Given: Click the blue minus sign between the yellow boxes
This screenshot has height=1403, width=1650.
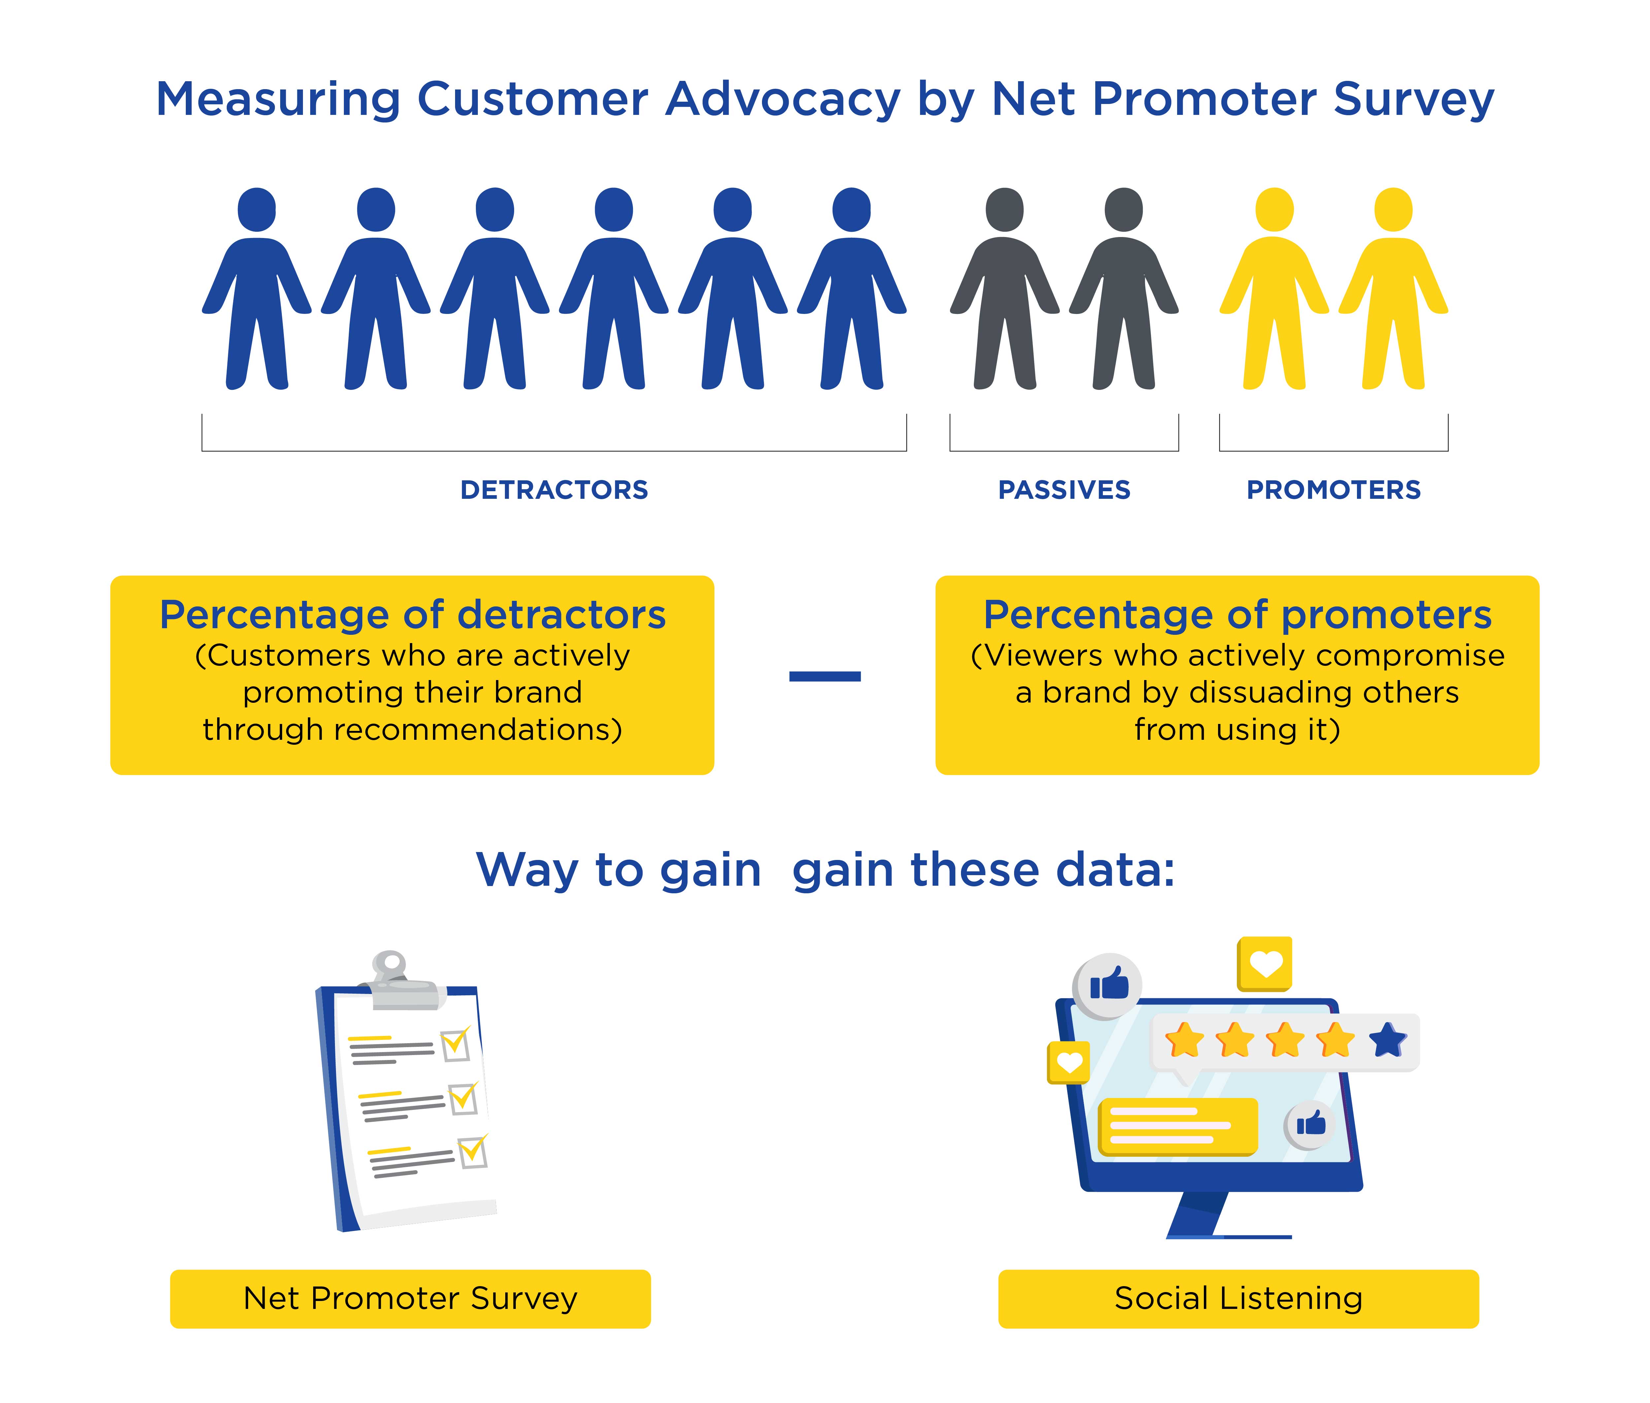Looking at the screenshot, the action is (825, 676).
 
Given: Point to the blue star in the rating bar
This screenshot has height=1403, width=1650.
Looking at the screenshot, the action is (1388, 1040).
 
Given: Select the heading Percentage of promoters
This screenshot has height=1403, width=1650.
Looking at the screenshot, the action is (1237, 615).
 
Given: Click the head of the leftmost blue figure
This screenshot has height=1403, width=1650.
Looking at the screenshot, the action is (257, 210).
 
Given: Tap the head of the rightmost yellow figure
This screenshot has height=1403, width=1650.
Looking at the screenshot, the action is (1393, 210).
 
